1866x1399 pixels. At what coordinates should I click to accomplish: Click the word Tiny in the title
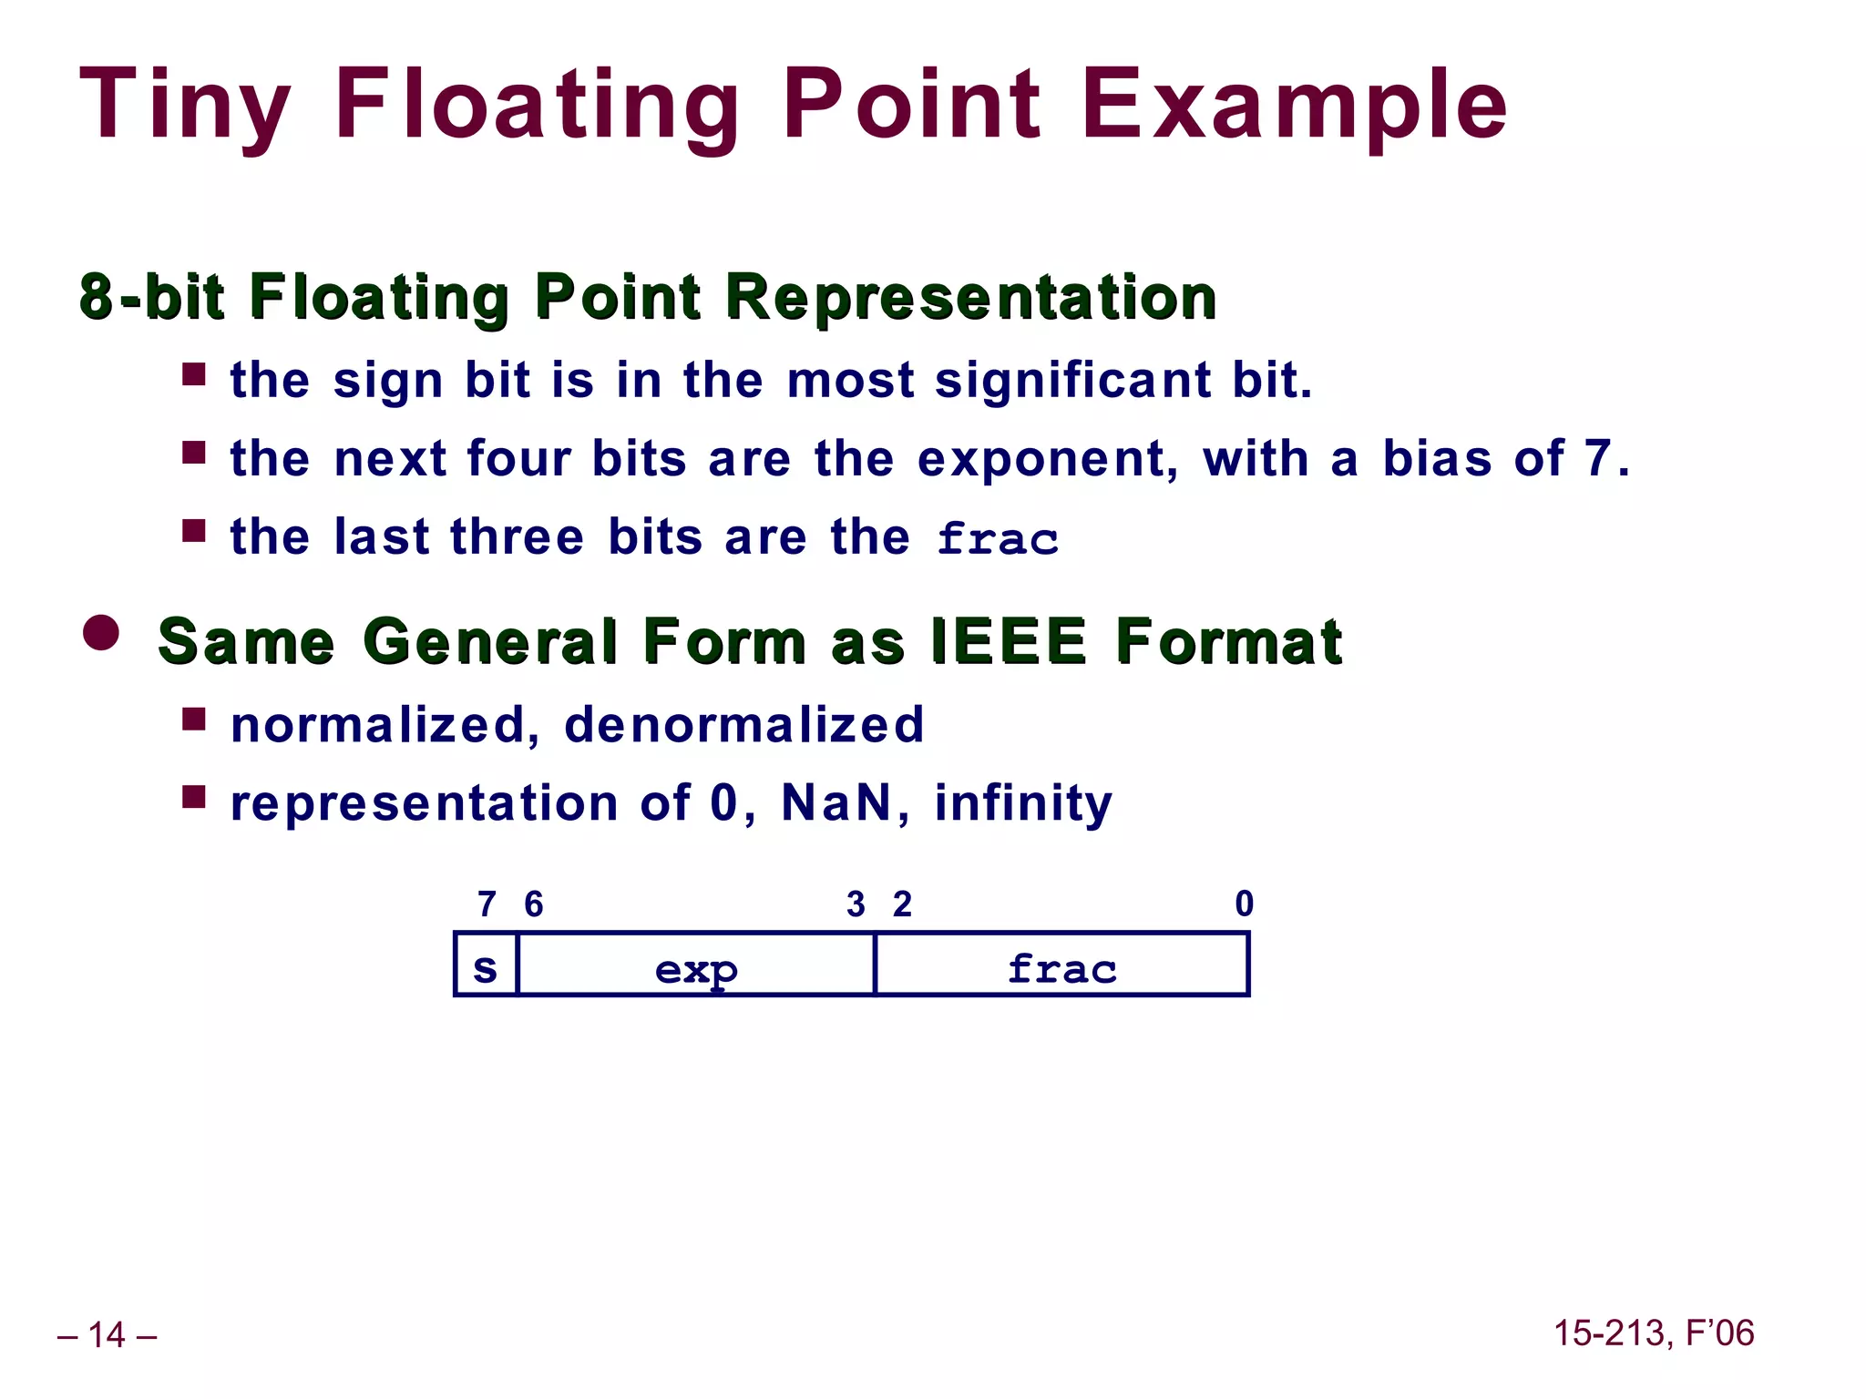pos(185,105)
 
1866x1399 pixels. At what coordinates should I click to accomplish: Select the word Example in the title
pos(1294,105)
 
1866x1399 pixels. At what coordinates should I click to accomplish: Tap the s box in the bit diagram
pos(486,965)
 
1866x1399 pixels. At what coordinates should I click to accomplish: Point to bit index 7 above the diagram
pos(487,904)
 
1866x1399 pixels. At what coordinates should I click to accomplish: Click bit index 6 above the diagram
pos(534,904)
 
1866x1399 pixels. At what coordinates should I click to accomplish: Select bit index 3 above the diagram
pos(856,904)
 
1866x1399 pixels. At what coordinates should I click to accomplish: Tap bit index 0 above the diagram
pos(1244,904)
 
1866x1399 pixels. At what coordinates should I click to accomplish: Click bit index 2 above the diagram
pos(902,904)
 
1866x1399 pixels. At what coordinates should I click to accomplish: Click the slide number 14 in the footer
pos(107,1335)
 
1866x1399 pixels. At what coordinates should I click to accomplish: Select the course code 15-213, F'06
pos(1653,1333)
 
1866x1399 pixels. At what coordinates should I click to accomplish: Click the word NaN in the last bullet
pos(836,803)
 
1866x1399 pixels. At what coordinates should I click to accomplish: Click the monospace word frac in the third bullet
pos(998,538)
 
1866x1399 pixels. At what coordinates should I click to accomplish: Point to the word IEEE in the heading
pos(1010,641)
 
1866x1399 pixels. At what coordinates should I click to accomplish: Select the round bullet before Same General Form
pos(101,633)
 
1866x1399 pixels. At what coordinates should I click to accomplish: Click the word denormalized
pos(743,725)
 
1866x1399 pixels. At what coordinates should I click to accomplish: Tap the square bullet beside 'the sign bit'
pos(193,374)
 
